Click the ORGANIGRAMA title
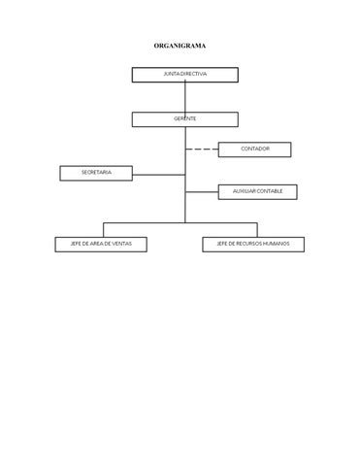click(x=180, y=46)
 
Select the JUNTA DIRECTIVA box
click(x=185, y=75)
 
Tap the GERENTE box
click(x=185, y=119)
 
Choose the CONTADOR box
click(x=254, y=150)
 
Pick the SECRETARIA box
click(x=96, y=173)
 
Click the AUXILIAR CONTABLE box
click(x=257, y=192)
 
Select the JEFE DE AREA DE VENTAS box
click(x=101, y=245)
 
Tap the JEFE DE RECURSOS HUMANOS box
click(x=253, y=245)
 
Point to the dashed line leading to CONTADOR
click(x=202, y=150)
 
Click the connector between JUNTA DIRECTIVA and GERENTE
click(x=185, y=97)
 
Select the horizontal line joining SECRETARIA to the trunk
click(x=159, y=175)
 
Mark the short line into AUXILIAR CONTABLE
click(x=202, y=192)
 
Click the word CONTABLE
click(x=270, y=191)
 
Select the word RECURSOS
click(x=248, y=244)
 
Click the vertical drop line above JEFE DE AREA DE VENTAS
click(x=104, y=230)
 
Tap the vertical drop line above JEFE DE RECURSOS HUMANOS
click(x=257, y=230)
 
